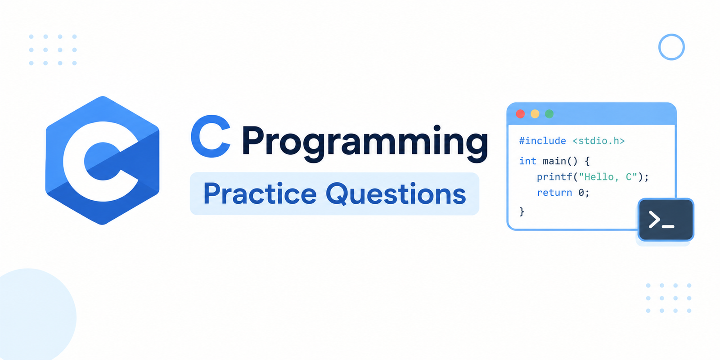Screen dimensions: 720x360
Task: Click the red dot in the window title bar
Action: coord(520,114)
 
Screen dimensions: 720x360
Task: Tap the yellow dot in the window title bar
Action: coord(535,114)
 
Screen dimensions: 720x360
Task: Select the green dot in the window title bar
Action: coord(549,114)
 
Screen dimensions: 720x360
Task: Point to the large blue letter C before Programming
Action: coord(211,136)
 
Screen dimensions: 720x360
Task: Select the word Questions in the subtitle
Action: coord(396,194)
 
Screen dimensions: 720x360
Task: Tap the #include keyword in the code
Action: coord(543,141)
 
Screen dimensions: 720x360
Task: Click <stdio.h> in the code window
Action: coord(598,141)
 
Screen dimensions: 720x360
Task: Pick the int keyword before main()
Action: coord(528,161)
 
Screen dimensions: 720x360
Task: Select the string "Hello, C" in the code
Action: coord(608,177)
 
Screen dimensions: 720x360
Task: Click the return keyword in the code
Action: coord(554,193)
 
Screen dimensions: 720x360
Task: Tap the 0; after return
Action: coord(584,193)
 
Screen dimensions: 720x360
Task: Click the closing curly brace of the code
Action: coord(522,211)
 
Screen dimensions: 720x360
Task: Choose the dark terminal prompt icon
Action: coord(666,220)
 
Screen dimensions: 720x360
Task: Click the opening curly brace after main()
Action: coord(587,161)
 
